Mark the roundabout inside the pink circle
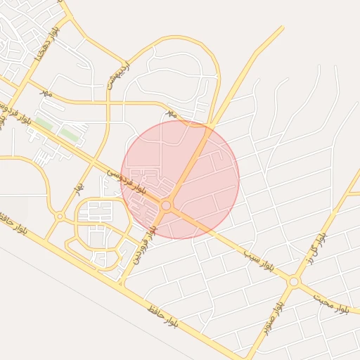(x=166, y=205)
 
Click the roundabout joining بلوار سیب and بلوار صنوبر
(x=293, y=281)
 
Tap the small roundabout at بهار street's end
(x=60, y=216)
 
